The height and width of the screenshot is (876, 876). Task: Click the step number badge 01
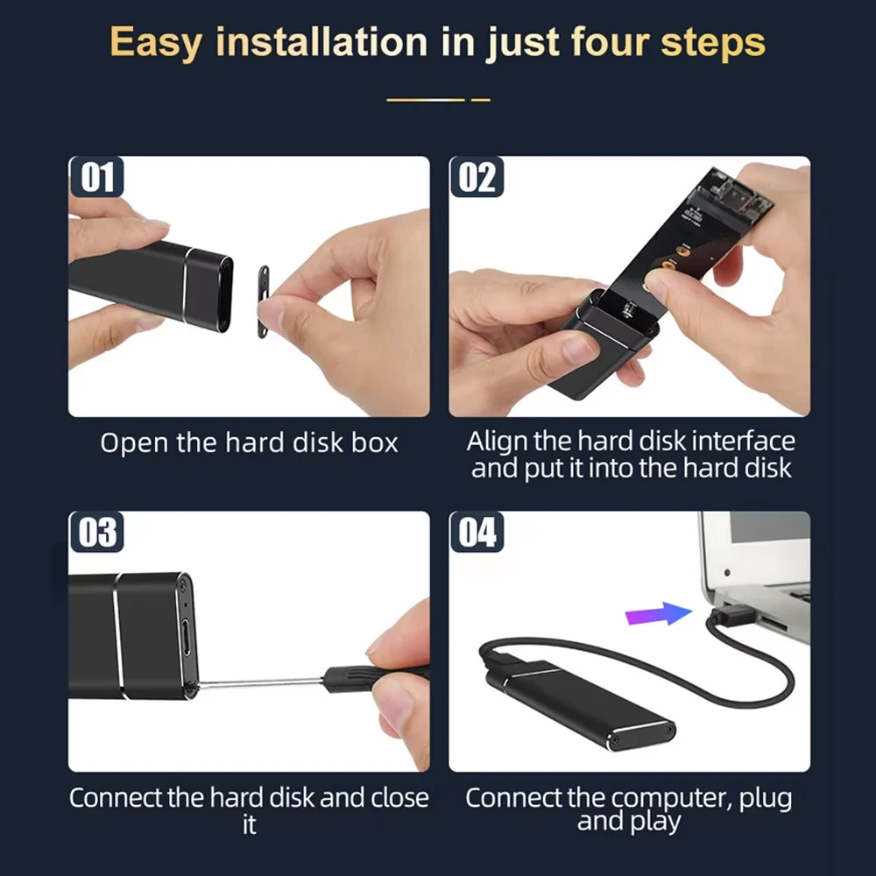96,177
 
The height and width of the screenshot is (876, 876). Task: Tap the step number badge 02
477,177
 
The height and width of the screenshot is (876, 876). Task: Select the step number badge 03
96,532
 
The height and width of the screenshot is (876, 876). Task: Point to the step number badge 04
477,532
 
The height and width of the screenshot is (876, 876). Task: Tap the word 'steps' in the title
713,42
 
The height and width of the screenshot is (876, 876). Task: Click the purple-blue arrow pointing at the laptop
658,614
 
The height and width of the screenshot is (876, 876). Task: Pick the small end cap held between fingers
263,301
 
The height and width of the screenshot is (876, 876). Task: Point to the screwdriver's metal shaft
260,682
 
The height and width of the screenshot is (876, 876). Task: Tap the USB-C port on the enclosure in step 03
187,638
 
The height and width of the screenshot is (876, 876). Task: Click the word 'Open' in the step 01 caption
134,443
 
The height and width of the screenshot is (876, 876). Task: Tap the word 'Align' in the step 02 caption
498,442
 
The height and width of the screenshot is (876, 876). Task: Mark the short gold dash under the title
480,100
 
